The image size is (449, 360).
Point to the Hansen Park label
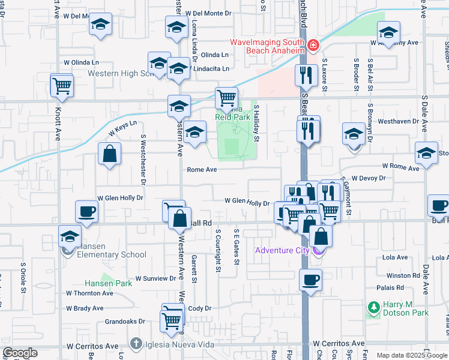[107, 283]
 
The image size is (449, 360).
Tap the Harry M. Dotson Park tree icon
[373, 308]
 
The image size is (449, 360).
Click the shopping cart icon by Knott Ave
[62, 85]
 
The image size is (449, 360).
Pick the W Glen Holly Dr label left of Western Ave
[120, 197]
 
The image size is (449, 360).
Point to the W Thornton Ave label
[89, 293]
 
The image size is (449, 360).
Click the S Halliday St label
[256, 123]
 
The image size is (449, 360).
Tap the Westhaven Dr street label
[395, 121]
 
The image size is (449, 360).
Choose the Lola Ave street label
[395, 257]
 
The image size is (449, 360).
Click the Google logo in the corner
[20, 353]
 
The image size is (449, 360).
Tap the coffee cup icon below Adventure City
[310, 279]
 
